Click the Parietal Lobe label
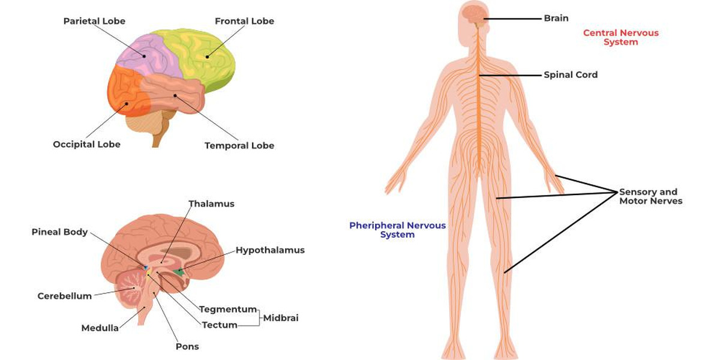[x=94, y=21]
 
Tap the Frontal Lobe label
[x=244, y=21]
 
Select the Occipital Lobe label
[x=86, y=144]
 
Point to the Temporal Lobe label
[x=239, y=145]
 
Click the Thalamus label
[x=211, y=203]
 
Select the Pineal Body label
[x=59, y=232]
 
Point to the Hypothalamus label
[x=270, y=250]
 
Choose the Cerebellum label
[x=64, y=296]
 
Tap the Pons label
[x=188, y=346]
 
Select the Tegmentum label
[x=228, y=309]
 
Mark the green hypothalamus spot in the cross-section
[x=178, y=272]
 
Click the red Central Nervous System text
[x=620, y=37]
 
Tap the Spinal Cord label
[x=570, y=75]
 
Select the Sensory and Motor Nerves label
[x=650, y=197]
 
